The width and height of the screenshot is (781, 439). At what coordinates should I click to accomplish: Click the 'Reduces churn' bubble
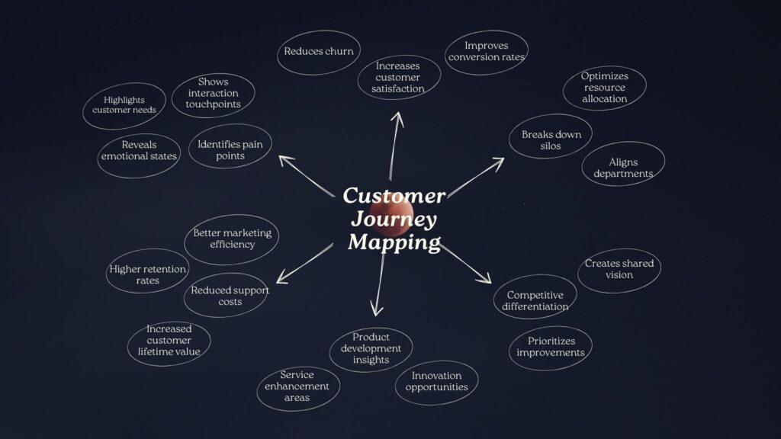318,52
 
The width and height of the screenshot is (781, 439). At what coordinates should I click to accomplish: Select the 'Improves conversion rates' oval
486,52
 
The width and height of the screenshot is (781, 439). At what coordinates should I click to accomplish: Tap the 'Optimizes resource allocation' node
605,88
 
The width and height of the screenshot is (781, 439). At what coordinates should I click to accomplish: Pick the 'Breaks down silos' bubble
551,140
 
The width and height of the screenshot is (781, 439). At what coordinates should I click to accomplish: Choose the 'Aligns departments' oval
623,168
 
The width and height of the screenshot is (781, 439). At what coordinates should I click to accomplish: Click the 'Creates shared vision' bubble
619,269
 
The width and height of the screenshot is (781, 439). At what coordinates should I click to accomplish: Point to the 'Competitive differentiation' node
535,300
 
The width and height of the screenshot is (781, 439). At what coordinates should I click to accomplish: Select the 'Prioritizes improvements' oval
550,347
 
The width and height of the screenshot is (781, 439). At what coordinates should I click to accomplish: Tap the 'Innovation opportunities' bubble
436,381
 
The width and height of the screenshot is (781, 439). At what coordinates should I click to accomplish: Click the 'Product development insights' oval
371,348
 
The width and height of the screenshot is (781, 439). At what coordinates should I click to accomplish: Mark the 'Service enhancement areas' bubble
297,386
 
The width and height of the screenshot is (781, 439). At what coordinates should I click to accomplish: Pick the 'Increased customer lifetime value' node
169,341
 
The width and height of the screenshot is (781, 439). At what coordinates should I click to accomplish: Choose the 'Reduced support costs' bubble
227,296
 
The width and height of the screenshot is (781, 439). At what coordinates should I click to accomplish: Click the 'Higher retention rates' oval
147,274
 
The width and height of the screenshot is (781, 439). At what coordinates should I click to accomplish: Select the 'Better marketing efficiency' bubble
232,239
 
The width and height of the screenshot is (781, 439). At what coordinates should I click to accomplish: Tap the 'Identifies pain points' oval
230,149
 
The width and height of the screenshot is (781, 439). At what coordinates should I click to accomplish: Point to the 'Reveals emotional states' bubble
139,150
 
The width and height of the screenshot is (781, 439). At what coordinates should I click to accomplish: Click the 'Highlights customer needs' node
124,105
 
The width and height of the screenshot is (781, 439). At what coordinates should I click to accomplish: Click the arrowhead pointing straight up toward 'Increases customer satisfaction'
397,116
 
